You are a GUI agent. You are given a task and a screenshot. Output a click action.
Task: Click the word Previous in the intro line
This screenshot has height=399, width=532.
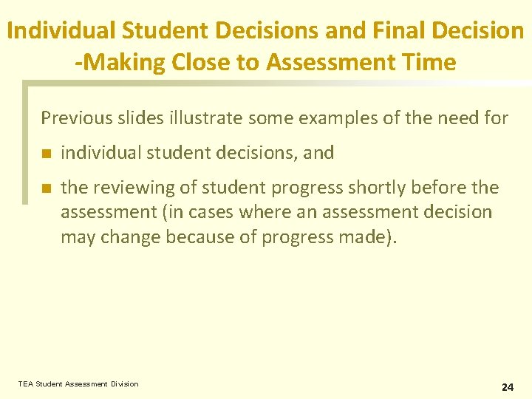point(76,117)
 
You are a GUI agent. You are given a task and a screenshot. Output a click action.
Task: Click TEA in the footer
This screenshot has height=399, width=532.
point(26,384)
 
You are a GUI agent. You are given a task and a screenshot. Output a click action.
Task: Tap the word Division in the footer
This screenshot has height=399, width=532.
point(124,384)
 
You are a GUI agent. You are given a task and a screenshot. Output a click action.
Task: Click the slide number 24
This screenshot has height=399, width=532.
point(507,386)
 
